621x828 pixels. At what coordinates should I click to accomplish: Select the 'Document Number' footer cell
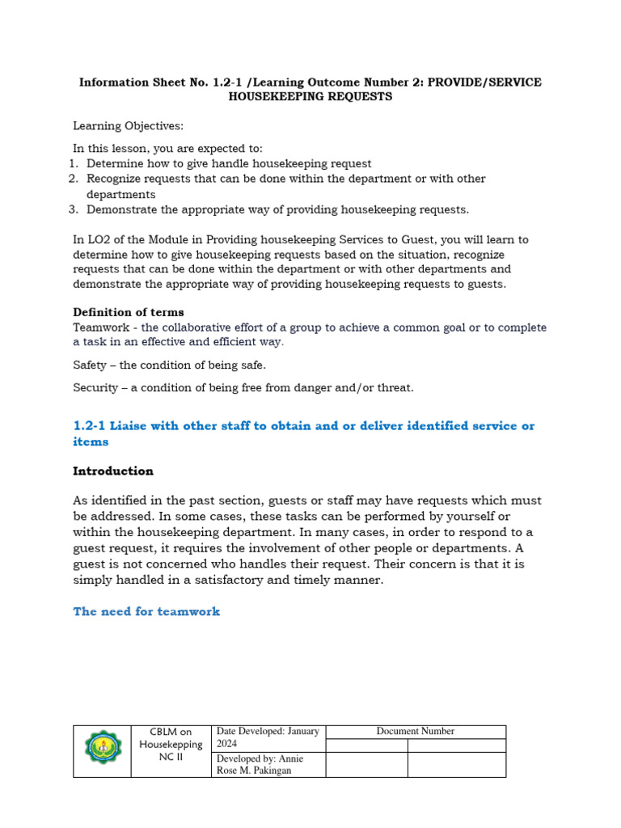415,731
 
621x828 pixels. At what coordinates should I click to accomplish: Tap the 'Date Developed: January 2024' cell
267,737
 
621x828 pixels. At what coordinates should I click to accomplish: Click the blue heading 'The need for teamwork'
146,611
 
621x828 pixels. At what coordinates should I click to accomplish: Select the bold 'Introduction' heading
113,471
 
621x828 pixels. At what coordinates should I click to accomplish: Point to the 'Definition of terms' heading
129,312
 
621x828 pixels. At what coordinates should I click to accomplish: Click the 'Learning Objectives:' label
117,126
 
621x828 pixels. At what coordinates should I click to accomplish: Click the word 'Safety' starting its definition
90,365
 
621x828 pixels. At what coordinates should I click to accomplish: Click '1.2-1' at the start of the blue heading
89,425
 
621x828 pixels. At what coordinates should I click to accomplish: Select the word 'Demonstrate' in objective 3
120,209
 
